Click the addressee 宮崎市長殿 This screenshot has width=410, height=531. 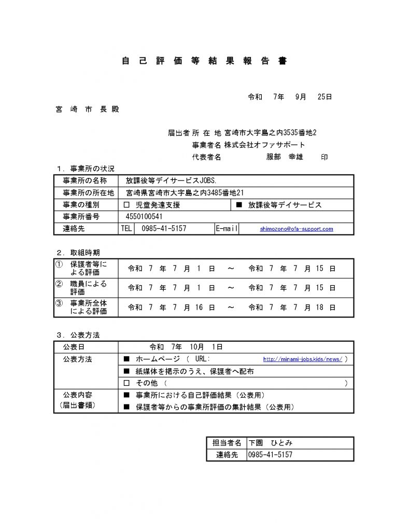87,110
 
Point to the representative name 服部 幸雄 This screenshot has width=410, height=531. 285,157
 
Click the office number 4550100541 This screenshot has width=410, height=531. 144,217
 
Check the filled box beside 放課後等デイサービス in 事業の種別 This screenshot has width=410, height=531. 239,205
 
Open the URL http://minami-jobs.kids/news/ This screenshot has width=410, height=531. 303,359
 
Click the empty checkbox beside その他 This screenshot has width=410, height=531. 127,383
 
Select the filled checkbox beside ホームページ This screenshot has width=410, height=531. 127,359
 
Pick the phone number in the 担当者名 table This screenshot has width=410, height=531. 271,455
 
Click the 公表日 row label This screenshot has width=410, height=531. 74,347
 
